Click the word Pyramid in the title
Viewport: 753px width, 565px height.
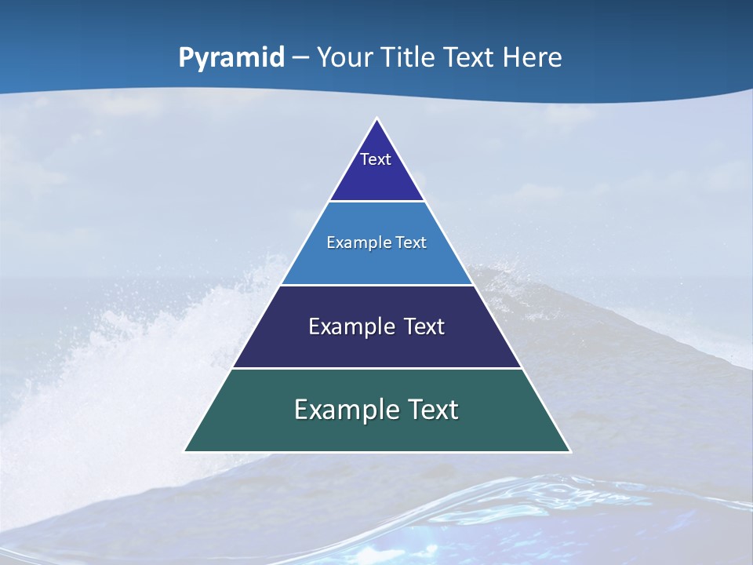(x=231, y=58)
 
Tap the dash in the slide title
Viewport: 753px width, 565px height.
(x=300, y=58)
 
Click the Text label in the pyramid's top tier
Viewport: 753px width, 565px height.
(x=376, y=159)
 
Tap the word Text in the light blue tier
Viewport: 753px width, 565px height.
(x=412, y=243)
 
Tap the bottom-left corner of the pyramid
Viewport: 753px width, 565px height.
(x=185, y=451)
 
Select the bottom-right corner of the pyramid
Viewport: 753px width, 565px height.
(x=569, y=451)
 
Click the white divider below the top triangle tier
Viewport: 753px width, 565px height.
(x=377, y=202)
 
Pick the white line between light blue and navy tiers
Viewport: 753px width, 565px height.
(x=377, y=285)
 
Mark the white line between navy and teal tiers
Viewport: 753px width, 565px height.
(x=377, y=368)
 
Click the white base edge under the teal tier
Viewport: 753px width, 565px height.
(x=377, y=452)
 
